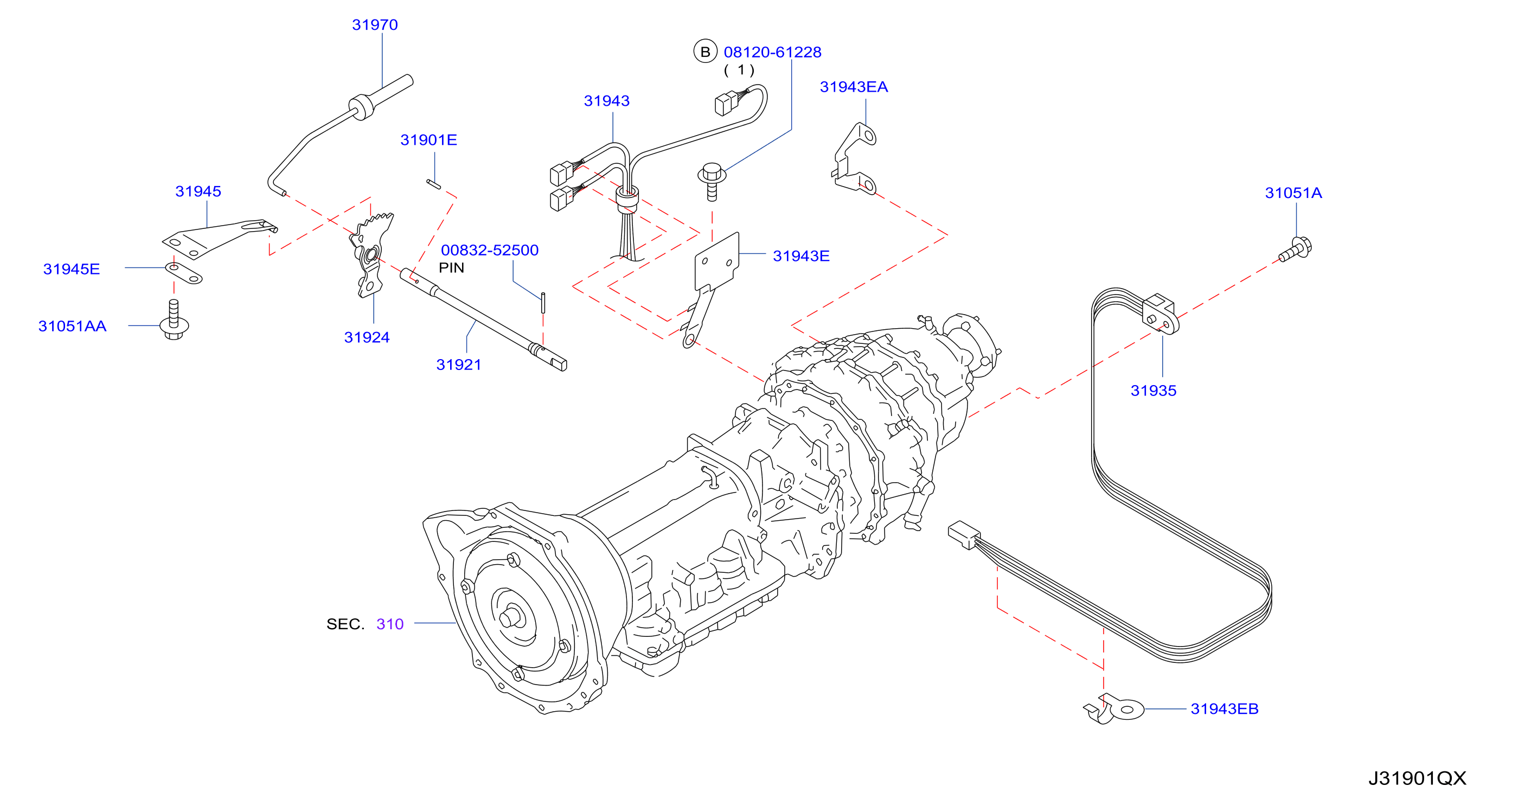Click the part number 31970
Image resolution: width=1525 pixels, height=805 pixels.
[x=375, y=25]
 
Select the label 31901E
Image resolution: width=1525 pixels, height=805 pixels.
[x=428, y=140]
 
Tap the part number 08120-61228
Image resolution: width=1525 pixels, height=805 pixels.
[x=773, y=52]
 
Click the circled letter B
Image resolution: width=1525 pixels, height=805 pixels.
[x=705, y=52]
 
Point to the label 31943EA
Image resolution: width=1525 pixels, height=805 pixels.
[x=854, y=87]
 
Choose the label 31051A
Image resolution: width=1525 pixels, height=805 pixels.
[x=1293, y=193]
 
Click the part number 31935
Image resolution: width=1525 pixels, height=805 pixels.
[x=1153, y=391]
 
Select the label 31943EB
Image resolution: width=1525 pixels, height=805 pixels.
[x=1224, y=709]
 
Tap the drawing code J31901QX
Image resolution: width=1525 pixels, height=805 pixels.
[x=1417, y=778]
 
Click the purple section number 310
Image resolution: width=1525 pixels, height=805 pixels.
[x=389, y=624]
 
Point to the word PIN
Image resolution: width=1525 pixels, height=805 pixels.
[x=451, y=269]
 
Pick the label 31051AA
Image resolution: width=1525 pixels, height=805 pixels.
[x=72, y=327]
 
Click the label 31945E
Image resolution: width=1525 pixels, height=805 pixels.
[x=72, y=270]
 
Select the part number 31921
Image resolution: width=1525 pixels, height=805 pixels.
[x=459, y=365]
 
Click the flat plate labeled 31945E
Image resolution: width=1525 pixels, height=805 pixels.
[x=183, y=273]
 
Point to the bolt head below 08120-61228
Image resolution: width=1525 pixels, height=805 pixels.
[x=712, y=173]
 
